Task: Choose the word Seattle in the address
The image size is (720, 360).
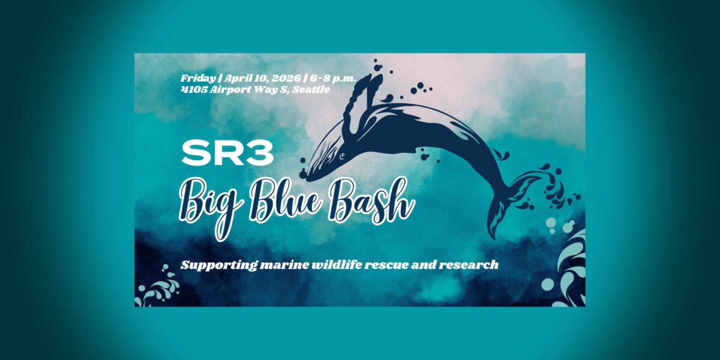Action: pos(311,89)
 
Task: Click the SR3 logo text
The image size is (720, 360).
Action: pos(227,154)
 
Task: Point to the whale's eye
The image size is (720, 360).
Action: pos(342,156)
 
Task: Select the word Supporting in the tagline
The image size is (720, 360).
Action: pos(218,265)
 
